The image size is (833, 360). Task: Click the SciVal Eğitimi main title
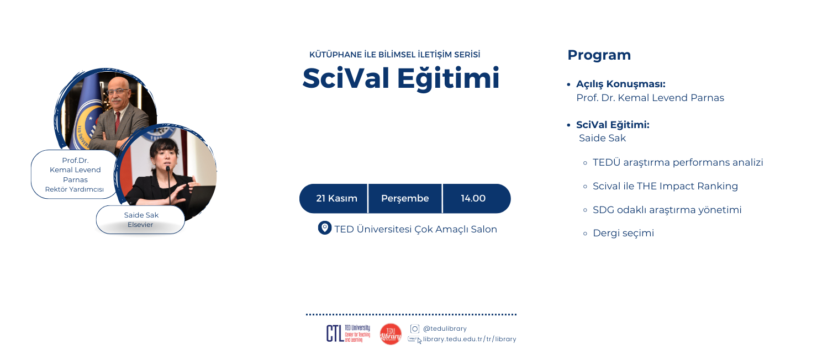(400, 78)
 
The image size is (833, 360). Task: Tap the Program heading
(599, 55)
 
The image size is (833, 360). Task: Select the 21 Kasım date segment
(336, 198)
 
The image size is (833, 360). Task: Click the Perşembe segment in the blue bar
(405, 198)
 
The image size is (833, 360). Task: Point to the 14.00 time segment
(473, 198)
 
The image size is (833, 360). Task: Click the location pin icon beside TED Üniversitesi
(325, 228)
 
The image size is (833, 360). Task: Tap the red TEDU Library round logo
(391, 334)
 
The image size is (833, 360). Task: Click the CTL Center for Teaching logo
(348, 333)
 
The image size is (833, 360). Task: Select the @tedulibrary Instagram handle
(445, 329)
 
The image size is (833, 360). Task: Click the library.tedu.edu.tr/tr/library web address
(470, 339)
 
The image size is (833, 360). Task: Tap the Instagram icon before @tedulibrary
(415, 329)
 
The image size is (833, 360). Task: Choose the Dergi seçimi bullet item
(623, 233)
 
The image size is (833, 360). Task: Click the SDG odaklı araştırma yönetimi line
(667, 210)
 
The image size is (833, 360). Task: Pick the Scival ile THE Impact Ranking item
(665, 186)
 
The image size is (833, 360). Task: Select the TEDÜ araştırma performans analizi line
(677, 162)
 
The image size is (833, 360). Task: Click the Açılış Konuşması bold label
(620, 84)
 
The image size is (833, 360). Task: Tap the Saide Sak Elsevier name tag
(140, 220)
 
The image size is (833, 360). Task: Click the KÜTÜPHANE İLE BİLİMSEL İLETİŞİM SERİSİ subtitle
(394, 55)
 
